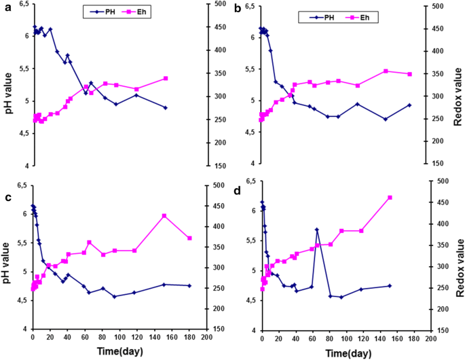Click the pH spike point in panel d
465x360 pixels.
pos(317,230)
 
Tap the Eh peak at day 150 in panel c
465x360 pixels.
pos(164,216)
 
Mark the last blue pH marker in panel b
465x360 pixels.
pos(409,105)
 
